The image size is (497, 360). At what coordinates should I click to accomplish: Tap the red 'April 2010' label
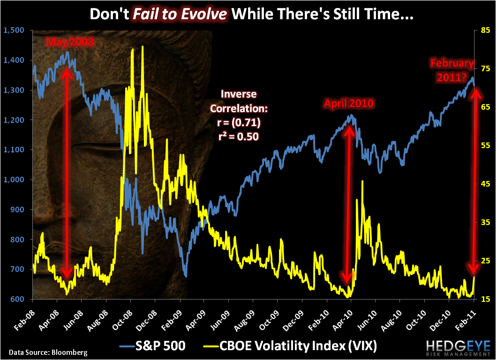tap(349, 103)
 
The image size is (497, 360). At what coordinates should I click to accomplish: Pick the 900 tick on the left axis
tap(16, 210)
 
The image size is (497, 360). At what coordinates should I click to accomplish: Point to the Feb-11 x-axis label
tap(469, 316)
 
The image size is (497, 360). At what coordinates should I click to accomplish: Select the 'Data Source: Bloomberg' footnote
tap(48, 352)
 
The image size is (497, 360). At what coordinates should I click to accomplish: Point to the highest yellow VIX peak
tap(143, 46)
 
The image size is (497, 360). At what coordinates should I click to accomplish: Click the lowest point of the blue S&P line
tap(186, 277)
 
